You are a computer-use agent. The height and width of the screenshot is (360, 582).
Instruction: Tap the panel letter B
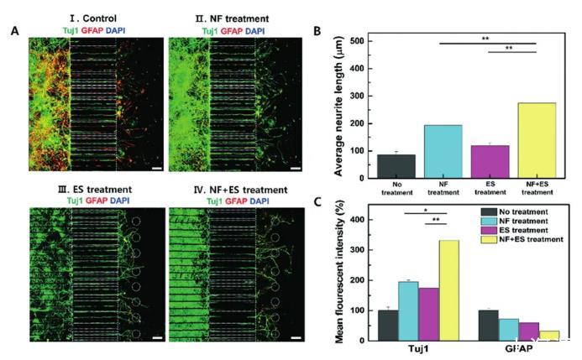pyautogui.click(x=317, y=31)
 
